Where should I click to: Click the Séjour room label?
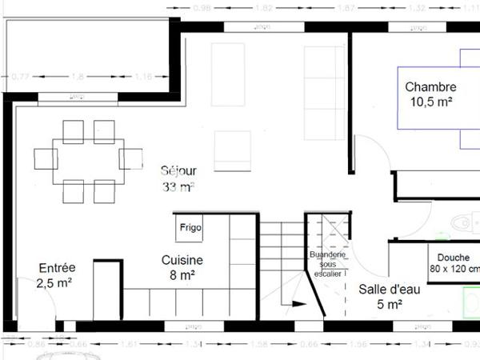(178, 170)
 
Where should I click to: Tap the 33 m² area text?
(178, 187)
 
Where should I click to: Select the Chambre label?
(430, 86)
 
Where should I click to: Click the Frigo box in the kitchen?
(190, 227)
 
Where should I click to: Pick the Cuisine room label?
(182, 260)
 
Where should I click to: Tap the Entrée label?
(56, 268)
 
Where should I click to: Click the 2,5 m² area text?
(54, 282)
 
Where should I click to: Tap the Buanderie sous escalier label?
(326, 263)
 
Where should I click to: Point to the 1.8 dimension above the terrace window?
(78, 77)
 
